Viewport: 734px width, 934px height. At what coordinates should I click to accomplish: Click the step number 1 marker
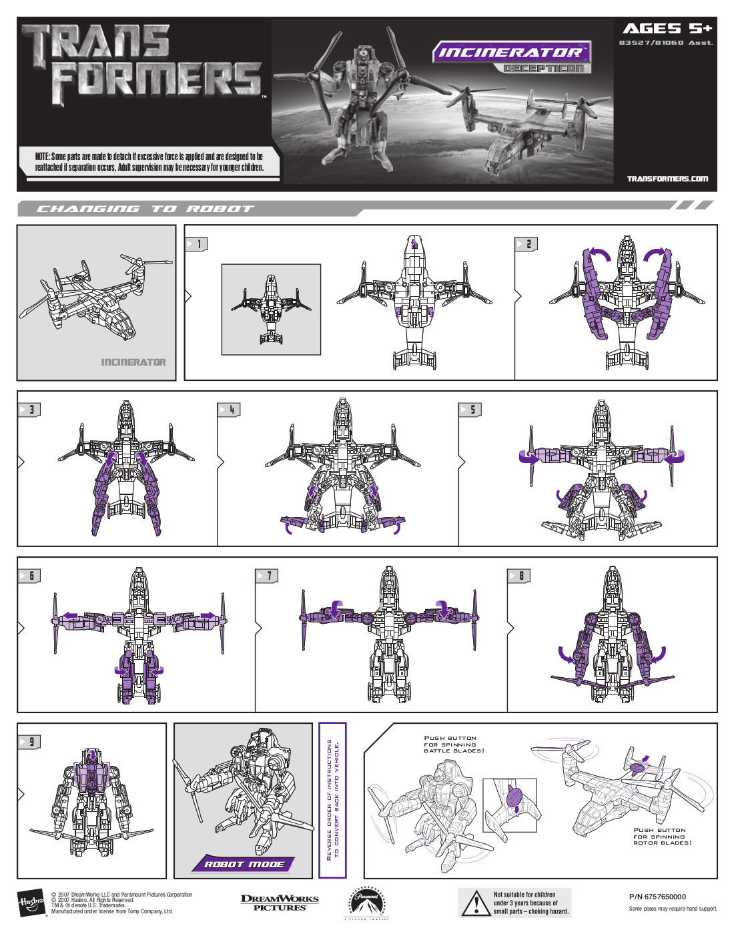point(197,244)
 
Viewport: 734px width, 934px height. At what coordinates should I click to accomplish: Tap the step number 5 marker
point(471,410)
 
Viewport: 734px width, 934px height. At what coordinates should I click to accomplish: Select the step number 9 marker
point(29,742)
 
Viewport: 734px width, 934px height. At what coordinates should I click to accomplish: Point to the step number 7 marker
point(268,576)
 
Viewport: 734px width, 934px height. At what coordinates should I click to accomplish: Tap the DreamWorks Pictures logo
point(280,903)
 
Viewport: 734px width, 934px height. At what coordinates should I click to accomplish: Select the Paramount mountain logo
point(367,903)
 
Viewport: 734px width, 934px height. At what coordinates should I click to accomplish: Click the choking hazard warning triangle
point(476,903)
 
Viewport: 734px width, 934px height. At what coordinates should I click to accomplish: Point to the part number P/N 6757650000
point(657,897)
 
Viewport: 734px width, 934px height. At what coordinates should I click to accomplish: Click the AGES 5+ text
point(667,29)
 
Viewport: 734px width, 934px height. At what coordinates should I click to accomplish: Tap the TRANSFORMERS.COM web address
point(667,179)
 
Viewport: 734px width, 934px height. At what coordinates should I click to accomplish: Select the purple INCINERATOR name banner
point(511,52)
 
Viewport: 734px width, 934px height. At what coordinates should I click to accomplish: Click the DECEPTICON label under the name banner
point(544,69)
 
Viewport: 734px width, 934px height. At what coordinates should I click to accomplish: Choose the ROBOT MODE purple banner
point(244,864)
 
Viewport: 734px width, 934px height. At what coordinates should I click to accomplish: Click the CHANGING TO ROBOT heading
point(145,209)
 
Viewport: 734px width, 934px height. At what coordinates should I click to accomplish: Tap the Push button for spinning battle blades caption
point(454,745)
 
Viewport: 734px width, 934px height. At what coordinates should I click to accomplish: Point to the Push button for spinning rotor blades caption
point(663,837)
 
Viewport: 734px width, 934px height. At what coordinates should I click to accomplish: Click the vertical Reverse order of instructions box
point(332,801)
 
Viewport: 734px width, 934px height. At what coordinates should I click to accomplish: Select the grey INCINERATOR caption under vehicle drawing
point(133,362)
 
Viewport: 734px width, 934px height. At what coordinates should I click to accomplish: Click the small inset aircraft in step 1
point(271,309)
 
